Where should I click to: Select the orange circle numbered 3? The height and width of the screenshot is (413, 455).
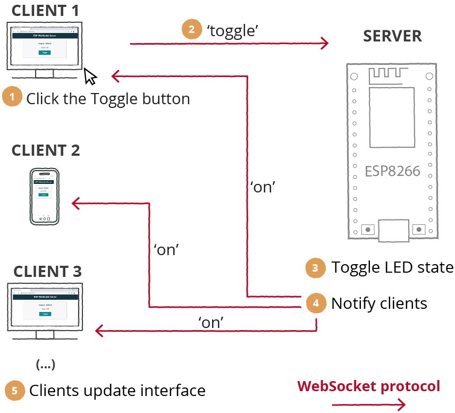pos(315,268)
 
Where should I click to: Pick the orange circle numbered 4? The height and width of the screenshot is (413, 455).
pos(316,303)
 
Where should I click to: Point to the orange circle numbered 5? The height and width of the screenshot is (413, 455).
pos(14,391)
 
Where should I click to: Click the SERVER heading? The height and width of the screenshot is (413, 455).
pos(392,36)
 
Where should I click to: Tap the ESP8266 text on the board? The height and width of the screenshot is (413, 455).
pos(392,171)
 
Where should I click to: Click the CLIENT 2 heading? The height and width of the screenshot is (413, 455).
pos(46,150)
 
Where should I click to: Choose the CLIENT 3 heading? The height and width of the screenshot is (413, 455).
pos(47,271)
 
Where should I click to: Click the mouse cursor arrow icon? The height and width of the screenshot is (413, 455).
pos(90,77)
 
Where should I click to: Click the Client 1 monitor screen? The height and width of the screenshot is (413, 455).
pos(45,45)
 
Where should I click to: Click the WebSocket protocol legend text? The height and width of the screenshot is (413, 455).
pos(368,386)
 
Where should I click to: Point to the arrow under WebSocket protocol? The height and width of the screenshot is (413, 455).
pos(368,405)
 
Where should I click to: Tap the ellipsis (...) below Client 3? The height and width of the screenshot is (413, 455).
pos(45,365)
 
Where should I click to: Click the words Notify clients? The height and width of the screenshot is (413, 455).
pos(379,303)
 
